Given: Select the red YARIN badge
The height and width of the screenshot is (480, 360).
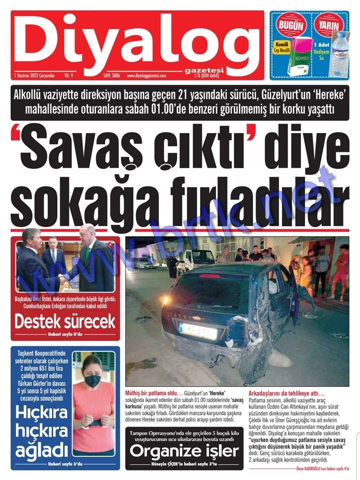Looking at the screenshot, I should [x=328, y=25].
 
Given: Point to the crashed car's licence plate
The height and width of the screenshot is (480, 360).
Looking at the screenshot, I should [x=198, y=330].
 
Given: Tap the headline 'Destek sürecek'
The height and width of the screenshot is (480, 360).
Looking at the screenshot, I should [x=65, y=321].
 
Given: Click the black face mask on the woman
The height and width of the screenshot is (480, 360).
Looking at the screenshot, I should [x=92, y=381].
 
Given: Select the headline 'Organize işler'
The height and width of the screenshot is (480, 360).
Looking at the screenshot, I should [x=184, y=451].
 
